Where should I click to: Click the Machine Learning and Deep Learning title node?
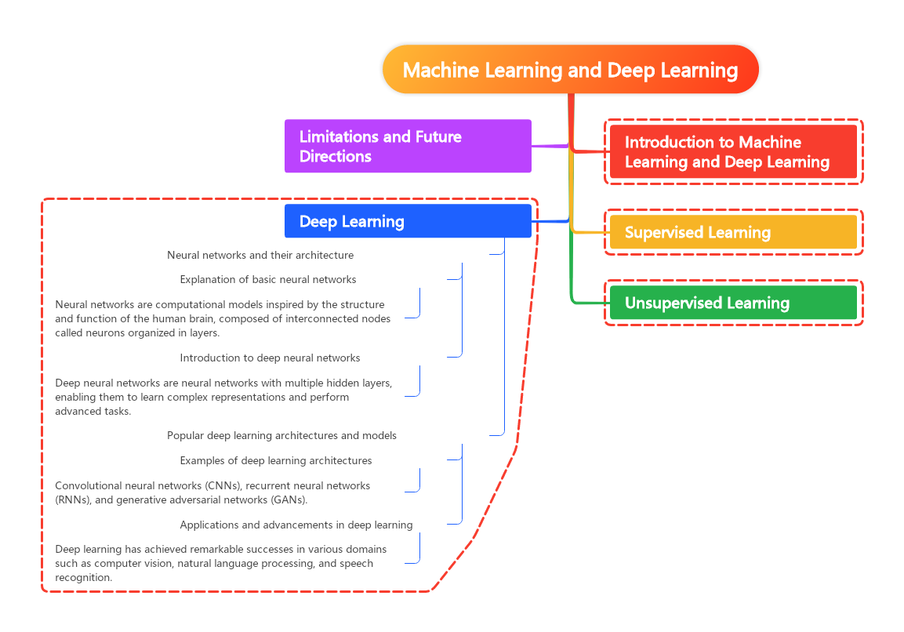(570, 70)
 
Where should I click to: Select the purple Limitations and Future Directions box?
(408, 146)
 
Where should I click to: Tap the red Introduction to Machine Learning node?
(733, 152)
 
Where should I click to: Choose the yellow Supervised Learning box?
(733, 232)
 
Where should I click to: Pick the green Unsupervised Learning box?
(733, 303)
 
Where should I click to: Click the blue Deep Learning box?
(408, 221)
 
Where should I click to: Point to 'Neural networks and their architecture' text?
(260, 255)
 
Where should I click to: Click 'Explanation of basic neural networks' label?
(267, 279)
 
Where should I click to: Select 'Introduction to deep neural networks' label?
(270, 358)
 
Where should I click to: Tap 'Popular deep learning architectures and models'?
(281, 435)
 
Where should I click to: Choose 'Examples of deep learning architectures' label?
(275, 460)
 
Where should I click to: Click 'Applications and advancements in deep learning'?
(296, 525)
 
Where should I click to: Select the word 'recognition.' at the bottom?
(83, 577)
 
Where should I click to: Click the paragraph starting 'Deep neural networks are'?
(223, 396)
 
